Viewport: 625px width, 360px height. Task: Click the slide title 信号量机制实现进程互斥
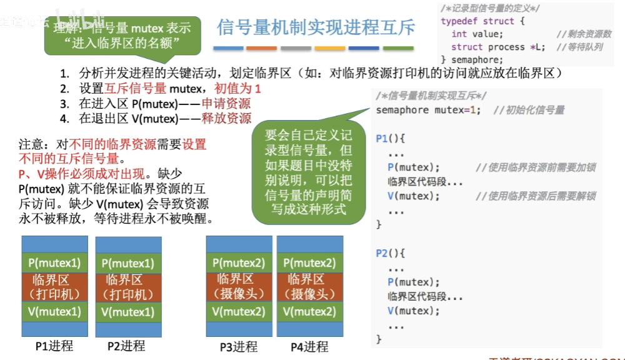316,27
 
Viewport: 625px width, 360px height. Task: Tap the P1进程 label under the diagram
54,346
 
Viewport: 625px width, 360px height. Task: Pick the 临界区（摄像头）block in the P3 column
239,287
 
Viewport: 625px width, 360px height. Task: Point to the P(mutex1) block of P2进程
127,263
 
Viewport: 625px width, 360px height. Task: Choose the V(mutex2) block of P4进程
311,311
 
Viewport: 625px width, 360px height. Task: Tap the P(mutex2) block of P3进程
239,263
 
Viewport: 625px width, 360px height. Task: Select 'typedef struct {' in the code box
482,21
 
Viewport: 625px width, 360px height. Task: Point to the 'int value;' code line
477,34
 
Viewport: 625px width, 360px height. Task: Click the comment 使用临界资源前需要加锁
535,167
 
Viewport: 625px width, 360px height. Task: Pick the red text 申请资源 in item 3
226,104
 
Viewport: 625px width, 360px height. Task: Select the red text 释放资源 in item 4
226,118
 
